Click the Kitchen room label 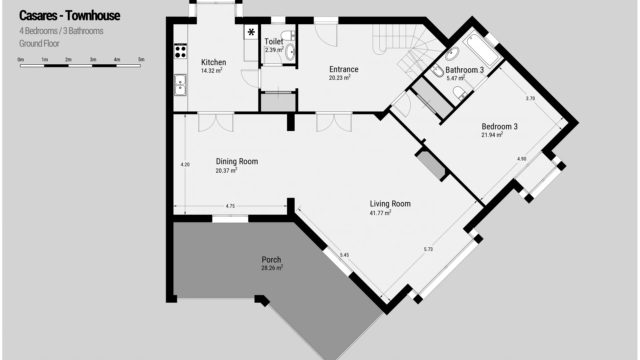214,62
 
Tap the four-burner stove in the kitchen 180,51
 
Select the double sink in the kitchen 180,85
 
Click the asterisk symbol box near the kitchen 251,32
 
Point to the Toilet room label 274,42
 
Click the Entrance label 344,69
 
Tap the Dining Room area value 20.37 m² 226,170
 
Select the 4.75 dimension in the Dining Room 230,206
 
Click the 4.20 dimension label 185,164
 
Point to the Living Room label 390,204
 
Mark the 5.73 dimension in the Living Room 428,249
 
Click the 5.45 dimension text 344,255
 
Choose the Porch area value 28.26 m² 272,268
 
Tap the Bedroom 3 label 500,127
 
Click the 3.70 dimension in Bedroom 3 530,98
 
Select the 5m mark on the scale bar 141,60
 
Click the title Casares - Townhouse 70,16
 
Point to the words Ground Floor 39,44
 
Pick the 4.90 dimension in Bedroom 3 522,159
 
